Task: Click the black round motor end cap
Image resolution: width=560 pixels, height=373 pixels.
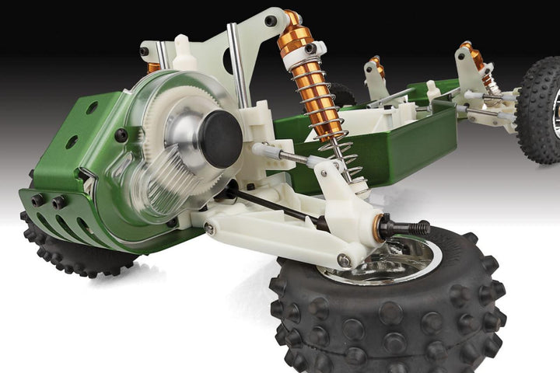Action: tap(221, 138)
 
